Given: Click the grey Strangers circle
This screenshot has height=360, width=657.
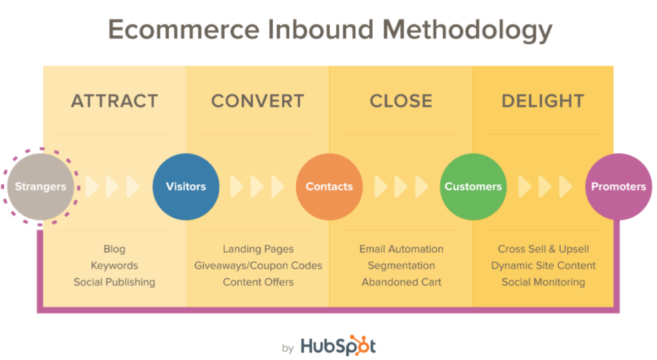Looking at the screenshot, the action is pyautogui.click(x=40, y=187).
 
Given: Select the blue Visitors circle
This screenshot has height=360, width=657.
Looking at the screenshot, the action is pyautogui.click(x=186, y=187).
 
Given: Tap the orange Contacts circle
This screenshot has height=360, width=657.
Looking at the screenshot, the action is pyautogui.click(x=329, y=187).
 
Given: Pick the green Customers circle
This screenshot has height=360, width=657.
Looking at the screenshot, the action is pyautogui.click(x=473, y=187).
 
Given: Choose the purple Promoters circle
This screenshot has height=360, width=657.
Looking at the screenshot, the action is pyautogui.click(x=619, y=187).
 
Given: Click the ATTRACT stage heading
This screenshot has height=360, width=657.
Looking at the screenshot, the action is pyautogui.click(x=114, y=101).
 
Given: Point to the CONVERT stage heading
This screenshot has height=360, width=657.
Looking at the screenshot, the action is pyautogui.click(x=258, y=101).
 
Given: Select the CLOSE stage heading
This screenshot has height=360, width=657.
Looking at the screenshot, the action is pyautogui.click(x=401, y=101).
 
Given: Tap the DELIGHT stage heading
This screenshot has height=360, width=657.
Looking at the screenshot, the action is pyautogui.click(x=543, y=101).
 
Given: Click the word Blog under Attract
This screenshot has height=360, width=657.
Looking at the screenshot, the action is pyautogui.click(x=114, y=249).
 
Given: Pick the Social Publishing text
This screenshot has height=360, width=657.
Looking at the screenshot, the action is pyautogui.click(x=114, y=282).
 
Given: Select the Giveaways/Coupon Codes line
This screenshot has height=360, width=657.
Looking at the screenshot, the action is pyautogui.click(x=258, y=265).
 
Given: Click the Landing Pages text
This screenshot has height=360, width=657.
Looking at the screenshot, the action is pyautogui.click(x=258, y=249).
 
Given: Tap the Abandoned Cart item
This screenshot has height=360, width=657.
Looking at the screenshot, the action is pyautogui.click(x=402, y=282).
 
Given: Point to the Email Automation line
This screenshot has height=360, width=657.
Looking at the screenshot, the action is pyautogui.click(x=402, y=249).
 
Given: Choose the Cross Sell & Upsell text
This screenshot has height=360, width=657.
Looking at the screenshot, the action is pyautogui.click(x=543, y=249).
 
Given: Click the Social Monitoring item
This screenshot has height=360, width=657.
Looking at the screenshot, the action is pyautogui.click(x=543, y=282).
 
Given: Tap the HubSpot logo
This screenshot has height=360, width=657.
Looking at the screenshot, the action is pyautogui.click(x=338, y=346).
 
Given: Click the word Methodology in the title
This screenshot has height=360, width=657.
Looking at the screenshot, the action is pyautogui.click(x=467, y=30).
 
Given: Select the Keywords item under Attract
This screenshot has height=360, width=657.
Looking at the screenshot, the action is pyautogui.click(x=114, y=265).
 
